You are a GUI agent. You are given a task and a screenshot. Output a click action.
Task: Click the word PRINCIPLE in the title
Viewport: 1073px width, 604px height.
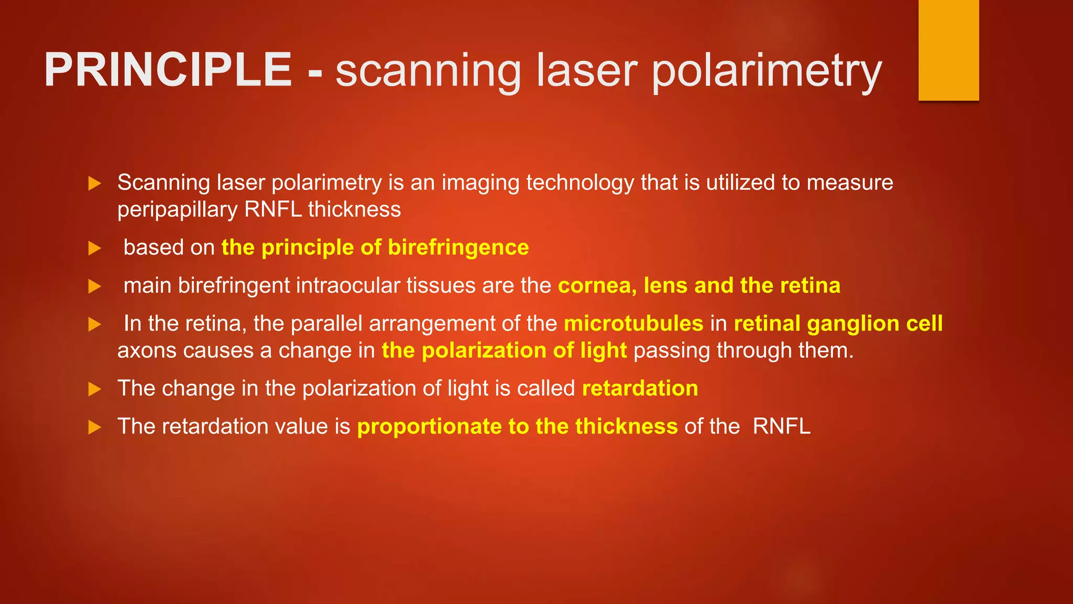pyautogui.click(x=168, y=70)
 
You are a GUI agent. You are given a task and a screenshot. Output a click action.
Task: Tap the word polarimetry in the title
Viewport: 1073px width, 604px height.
pyautogui.click(x=767, y=71)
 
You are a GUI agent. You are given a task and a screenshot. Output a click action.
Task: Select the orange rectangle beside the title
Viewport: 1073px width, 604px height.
pyautogui.click(x=948, y=50)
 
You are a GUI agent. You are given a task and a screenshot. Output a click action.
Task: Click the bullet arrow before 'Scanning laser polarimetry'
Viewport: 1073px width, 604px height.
pyautogui.click(x=95, y=184)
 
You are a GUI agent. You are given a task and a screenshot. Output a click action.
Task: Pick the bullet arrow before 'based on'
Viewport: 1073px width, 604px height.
pyautogui.click(x=95, y=248)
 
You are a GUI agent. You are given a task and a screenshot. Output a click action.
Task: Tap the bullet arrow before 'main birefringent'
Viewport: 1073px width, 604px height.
pyautogui.click(x=95, y=286)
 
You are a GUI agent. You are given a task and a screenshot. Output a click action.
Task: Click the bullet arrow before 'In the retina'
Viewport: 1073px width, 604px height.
pyautogui.click(x=95, y=324)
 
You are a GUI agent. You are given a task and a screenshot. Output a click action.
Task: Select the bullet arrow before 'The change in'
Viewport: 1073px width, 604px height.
pyautogui.click(x=95, y=389)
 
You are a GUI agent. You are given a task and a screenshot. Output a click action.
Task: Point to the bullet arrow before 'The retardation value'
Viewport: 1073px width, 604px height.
pyautogui.click(x=95, y=427)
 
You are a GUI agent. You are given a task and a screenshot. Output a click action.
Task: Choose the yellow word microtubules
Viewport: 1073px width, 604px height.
pyautogui.click(x=633, y=323)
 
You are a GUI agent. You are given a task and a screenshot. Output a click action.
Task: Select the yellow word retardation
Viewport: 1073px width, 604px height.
pyautogui.click(x=640, y=389)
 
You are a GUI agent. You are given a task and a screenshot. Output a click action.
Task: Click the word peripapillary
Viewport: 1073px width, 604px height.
pyautogui.click(x=178, y=210)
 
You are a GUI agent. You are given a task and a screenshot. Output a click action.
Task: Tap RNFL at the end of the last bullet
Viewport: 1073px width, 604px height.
pyautogui.click(x=782, y=426)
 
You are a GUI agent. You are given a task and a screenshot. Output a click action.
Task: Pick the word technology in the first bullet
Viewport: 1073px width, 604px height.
pyautogui.click(x=580, y=183)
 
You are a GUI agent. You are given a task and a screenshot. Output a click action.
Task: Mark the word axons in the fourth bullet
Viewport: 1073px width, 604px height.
pyautogui.click(x=147, y=351)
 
